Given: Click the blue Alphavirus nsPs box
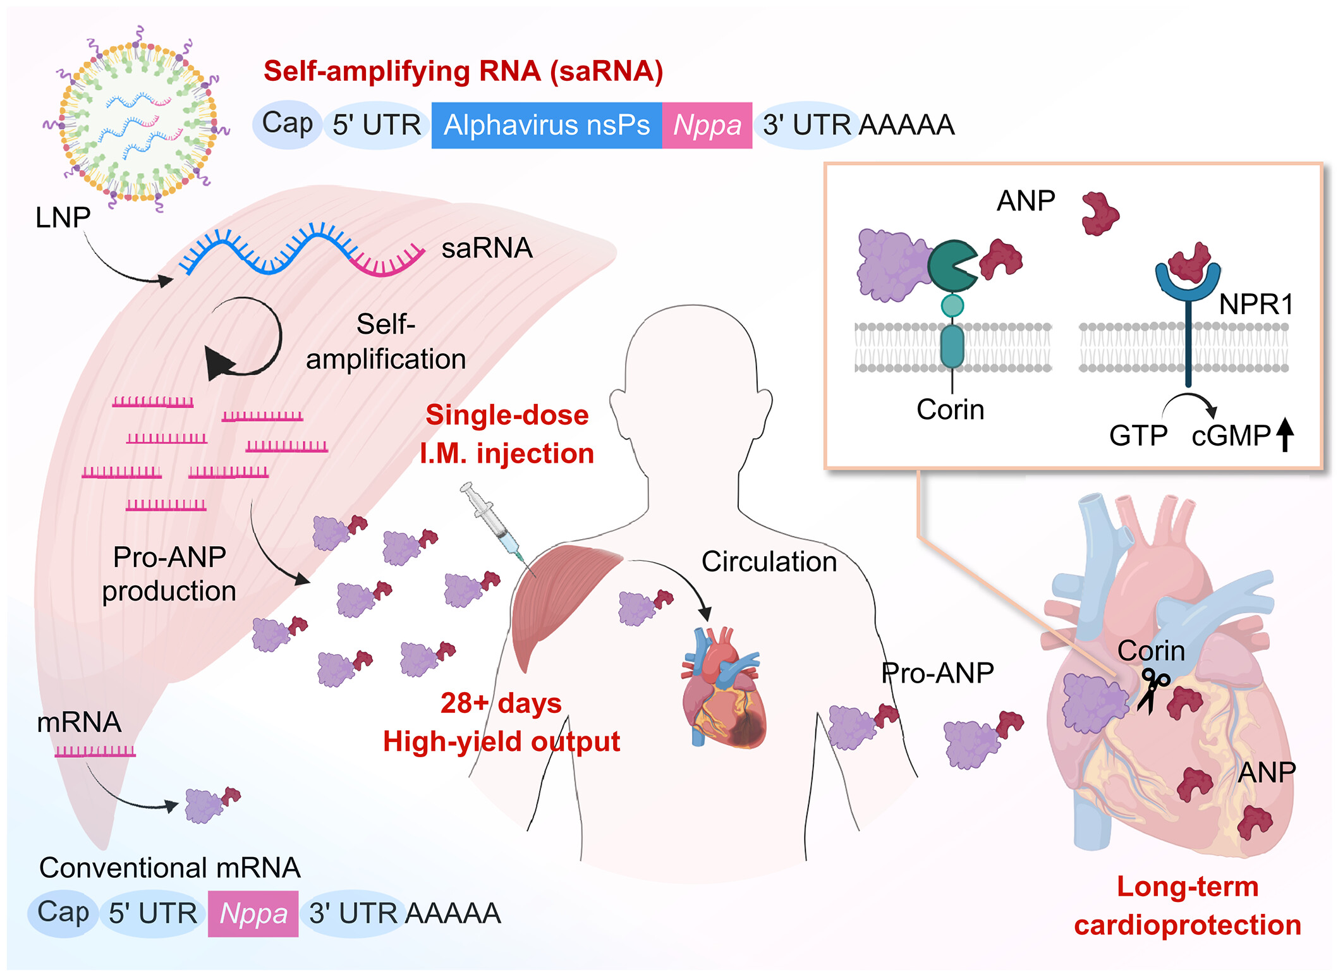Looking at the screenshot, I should click(546, 125).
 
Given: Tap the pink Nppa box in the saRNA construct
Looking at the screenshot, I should click(707, 125).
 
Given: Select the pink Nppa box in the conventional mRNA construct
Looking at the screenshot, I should click(253, 913).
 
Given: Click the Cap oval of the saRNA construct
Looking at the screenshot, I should click(287, 124).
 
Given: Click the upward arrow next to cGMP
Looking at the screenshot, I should click(1285, 435).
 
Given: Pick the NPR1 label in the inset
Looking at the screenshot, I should click(1256, 305).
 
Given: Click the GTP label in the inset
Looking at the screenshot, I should click(1138, 435).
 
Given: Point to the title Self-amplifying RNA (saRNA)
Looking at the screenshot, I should click(463, 71).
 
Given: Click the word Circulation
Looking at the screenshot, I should click(769, 561).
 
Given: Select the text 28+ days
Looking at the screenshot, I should click(501, 703).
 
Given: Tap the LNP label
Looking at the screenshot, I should click(63, 217).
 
